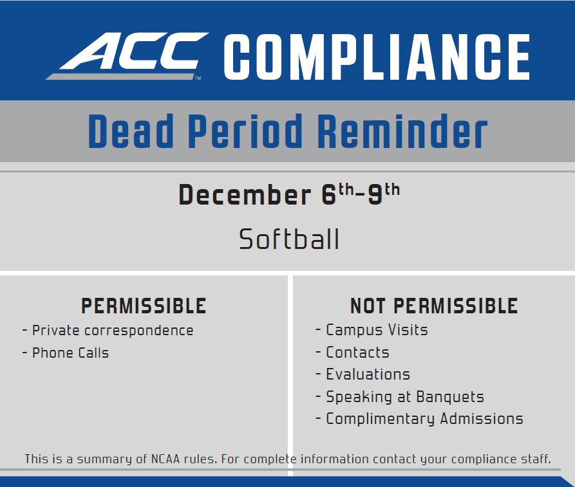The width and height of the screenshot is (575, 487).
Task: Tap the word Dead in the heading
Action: coord(131,132)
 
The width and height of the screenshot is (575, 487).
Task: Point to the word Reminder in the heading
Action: coord(402,132)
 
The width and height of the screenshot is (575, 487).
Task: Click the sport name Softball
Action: coord(289,240)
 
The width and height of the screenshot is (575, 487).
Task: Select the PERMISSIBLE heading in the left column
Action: coord(144,306)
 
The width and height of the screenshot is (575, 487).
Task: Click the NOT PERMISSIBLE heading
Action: coord(433,306)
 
